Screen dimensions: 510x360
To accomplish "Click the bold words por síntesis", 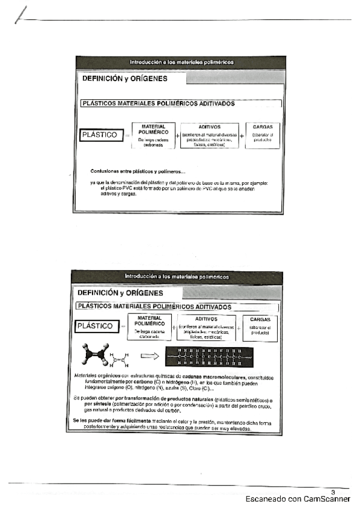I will (x=97, y=404).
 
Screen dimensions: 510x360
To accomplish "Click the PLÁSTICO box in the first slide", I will (x=101, y=135).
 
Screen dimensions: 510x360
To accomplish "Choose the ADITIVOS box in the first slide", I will (x=209, y=136).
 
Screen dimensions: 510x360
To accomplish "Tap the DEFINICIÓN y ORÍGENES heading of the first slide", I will (x=125, y=79).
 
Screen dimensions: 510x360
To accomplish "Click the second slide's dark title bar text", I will (x=176, y=277).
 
